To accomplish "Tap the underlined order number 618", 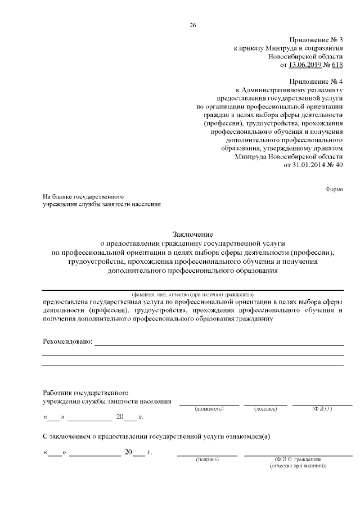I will (x=337, y=65).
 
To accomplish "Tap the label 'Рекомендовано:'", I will (x=67, y=341).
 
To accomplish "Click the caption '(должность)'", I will (x=209, y=408).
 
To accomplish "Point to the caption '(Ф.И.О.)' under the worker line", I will (x=322, y=408).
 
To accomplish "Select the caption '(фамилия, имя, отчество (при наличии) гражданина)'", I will (x=192, y=294).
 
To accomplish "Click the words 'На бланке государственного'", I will (x=83, y=197).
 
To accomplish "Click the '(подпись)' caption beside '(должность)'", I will (x=265, y=408).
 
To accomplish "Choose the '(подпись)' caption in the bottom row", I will (x=207, y=460).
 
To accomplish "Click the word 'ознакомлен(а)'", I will (x=248, y=436).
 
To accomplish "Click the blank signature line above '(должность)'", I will (x=209, y=404).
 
